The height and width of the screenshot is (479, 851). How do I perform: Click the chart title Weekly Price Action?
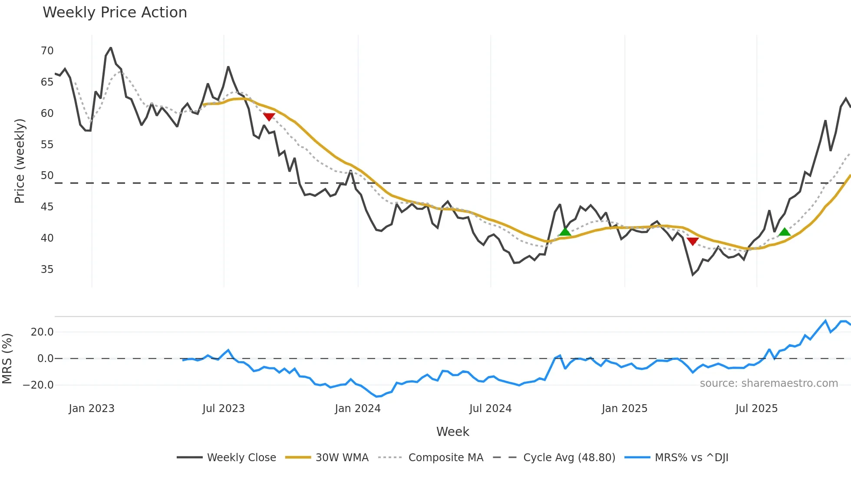pyautogui.click(x=115, y=13)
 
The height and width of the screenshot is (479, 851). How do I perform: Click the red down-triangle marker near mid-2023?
pyautogui.click(x=269, y=117)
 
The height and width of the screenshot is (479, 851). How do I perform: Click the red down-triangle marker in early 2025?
pyautogui.click(x=693, y=241)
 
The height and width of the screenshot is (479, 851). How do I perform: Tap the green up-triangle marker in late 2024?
pyautogui.click(x=565, y=232)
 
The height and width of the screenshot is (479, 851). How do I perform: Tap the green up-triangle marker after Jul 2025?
pyautogui.click(x=784, y=232)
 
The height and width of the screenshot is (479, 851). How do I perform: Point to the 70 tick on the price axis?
pyautogui.click(x=47, y=51)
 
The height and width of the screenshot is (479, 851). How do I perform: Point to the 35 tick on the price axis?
pyautogui.click(x=47, y=269)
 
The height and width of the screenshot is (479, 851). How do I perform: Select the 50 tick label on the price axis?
pyautogui.click(x=47, y=176)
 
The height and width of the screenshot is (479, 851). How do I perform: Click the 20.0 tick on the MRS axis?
pyautogui.click(x=42, y=332)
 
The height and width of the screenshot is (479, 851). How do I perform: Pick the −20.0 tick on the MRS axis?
pyautogui.click(x=38, y=385)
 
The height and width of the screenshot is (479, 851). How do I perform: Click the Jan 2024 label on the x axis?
pyautogui.click(x=357, y=409)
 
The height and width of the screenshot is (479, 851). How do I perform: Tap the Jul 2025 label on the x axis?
pyautogui.click(x=756, y=409)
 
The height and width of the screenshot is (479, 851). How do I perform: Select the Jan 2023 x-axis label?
pyautogui.click(x=92, y=409)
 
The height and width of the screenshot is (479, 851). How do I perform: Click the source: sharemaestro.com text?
pyautogui.click(x=769, y=383)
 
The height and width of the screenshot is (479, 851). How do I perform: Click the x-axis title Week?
pyautogui.click(x=452, y=432)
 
